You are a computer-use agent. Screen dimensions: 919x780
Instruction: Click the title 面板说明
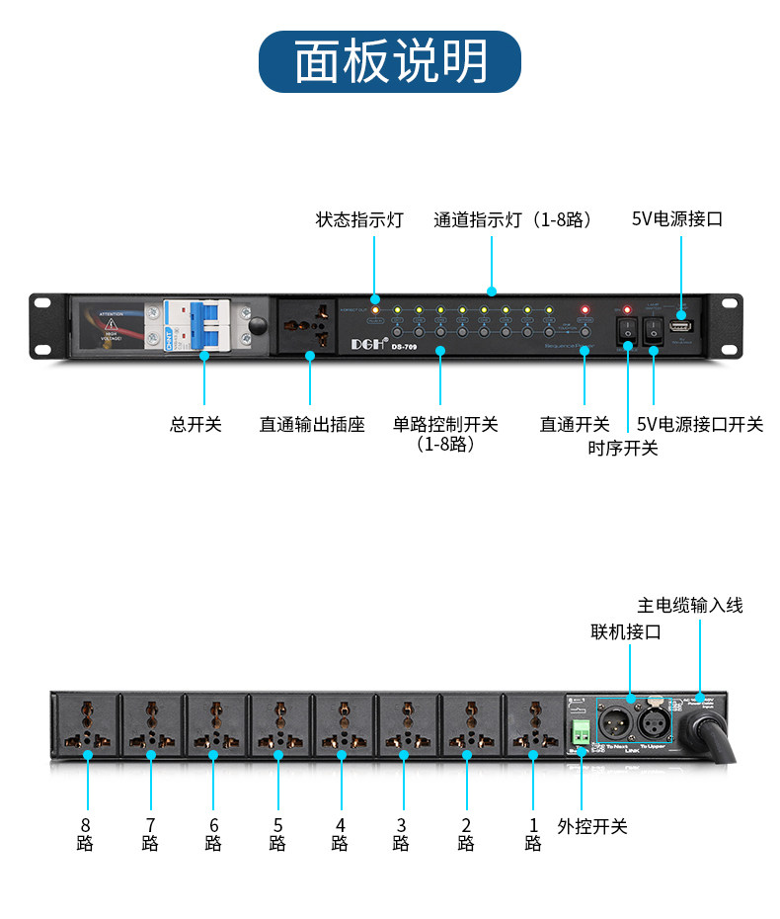tap(390, 61)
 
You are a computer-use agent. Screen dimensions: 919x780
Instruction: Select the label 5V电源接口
tap(677, 219)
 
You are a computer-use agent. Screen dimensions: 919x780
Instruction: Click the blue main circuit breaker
tap(204, 323)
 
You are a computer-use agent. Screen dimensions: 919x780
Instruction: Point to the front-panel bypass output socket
tap(310, 323)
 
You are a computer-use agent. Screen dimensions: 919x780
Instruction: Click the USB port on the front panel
tap(679, 324)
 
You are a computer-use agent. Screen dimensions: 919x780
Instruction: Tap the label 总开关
tap(195, 425)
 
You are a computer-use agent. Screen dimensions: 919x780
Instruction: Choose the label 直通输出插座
tap(312, 425)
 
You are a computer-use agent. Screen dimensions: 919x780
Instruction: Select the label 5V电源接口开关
tap(700, 425)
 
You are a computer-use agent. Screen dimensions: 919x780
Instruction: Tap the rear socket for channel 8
tap(86, 724)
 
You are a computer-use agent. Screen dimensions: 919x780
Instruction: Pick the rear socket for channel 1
tap(533, 724)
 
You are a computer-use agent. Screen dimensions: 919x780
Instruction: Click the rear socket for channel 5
tap(279, 724)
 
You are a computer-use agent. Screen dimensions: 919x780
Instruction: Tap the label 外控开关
tap(592, 826)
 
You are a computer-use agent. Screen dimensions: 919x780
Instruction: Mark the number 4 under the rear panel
tap(340, 824)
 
